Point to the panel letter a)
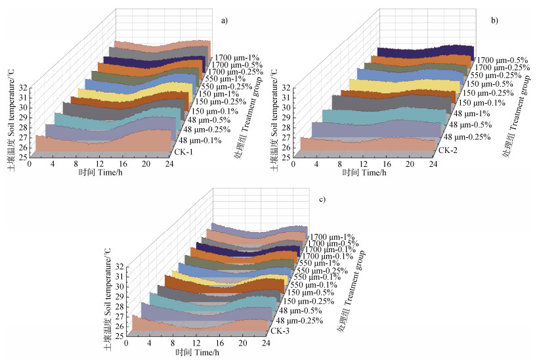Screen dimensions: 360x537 [225, 20]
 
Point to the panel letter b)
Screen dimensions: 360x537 [494, 21]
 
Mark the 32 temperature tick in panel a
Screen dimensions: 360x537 [22, 87]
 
